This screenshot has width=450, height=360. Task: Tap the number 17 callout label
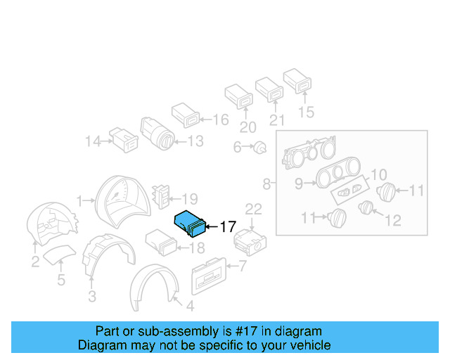coord(227,227)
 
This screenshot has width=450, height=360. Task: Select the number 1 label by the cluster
coord(80,200)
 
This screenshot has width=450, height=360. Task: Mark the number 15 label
coord(306,112)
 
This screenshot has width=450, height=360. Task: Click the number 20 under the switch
coord(247,127)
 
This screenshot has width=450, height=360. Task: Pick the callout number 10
coord(378,174)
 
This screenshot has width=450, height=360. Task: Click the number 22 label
coord(253,208)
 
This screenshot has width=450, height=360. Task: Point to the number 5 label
coord(61,281)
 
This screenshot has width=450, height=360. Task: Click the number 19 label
coord(190,199)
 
